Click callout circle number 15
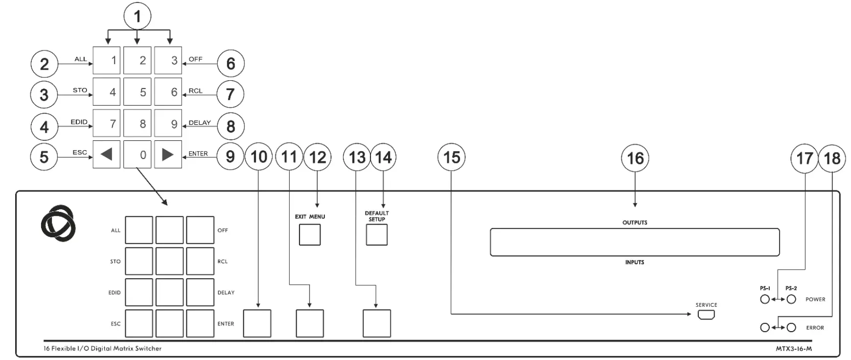click(451, 157)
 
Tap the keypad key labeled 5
click(138, 91)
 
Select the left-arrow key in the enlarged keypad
click(107, 155)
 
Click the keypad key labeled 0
click(138, 155)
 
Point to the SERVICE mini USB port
click(706, 315)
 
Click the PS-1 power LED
click(765, 299)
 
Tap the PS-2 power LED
click(791, 299)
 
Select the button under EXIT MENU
click(310, 235)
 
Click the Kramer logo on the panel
click(58, 223)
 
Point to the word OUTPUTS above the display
click(635, 223)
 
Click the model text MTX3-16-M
click(794, 349)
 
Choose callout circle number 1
click(138, 16)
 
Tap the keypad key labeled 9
click(168, 123)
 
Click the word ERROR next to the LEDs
click(815, 328)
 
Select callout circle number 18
click(832, 158)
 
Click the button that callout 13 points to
click(377, 323)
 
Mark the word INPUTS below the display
click(635, 262)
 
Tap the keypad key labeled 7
click(107, 123)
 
